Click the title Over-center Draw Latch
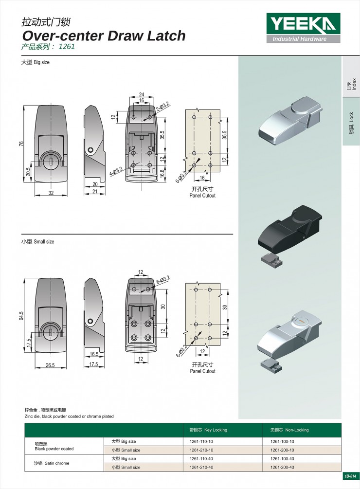(104, 36)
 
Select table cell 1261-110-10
(201, 442)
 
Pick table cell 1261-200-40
(282, 467)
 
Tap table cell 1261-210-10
(201, 450)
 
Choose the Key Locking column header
(208, 430)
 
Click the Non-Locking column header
(289, 430)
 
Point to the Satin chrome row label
(52, 463)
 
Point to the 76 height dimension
(21, 144)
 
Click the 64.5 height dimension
(21, 315)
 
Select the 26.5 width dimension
(50, 365)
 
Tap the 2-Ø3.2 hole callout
(162, 107)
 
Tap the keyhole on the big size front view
(51, 162)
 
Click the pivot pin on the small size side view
(90, 321)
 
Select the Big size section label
(35, 62)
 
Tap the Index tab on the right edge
(351, 84)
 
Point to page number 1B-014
(350, 476)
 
